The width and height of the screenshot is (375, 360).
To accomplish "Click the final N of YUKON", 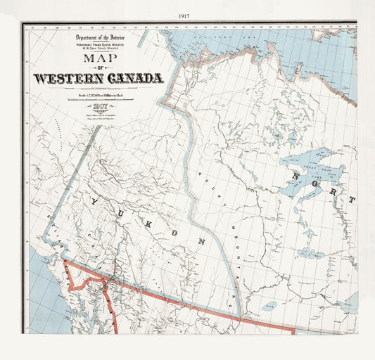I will [201, 241].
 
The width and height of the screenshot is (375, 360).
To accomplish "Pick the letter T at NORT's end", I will [351, 200].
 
